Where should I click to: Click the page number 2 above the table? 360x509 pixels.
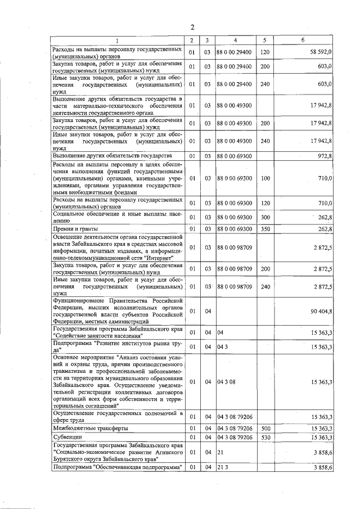coord(192,28)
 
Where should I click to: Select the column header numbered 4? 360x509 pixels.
coord(235,40)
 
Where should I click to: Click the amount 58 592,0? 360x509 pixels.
coord(321,52)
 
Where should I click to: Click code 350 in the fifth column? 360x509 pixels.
coord(265,229)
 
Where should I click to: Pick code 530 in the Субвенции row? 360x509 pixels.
coord(265,437)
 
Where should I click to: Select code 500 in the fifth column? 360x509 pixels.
coord(265,429)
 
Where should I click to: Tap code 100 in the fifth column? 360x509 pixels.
coord(265,178)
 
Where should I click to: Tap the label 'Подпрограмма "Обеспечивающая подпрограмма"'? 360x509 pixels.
coord(117,467)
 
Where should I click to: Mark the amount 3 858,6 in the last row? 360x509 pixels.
coord(322,467)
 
